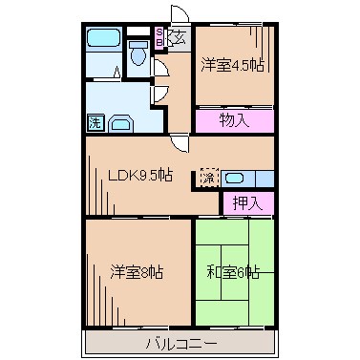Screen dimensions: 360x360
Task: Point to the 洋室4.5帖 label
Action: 233,66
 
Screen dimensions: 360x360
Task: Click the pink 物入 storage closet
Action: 234,120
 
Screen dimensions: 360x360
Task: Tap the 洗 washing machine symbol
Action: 95,122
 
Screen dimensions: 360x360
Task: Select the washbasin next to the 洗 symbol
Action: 123,123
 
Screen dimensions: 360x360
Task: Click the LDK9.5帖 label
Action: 139,175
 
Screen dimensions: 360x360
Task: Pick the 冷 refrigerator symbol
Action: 209,177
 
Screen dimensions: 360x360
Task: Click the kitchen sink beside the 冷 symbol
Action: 239,177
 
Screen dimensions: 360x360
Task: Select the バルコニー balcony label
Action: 180,343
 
